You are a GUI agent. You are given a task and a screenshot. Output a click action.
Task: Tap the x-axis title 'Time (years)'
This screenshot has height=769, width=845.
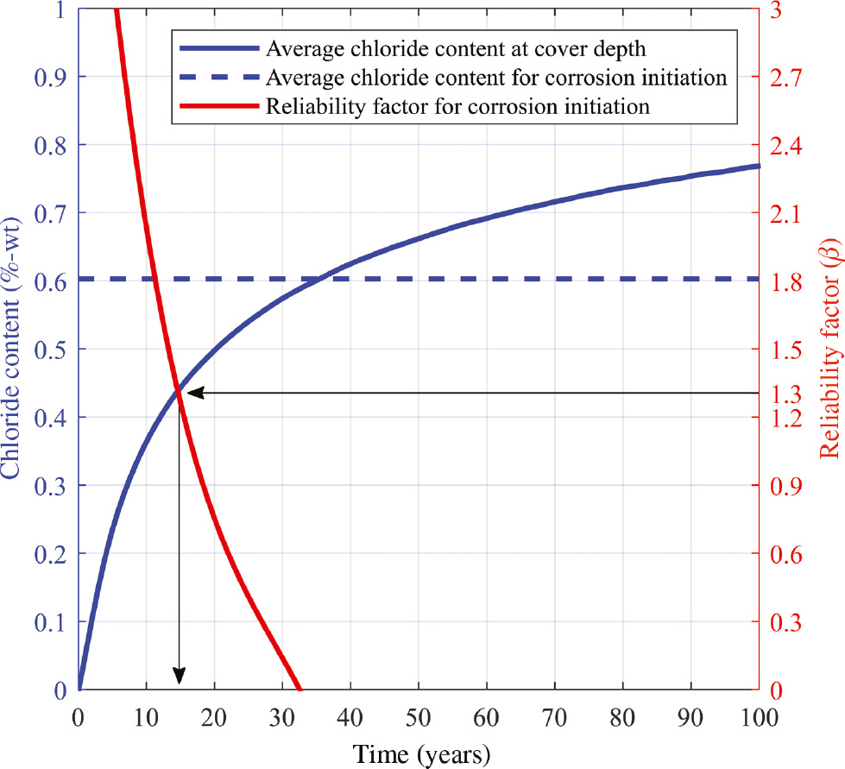(420, 752)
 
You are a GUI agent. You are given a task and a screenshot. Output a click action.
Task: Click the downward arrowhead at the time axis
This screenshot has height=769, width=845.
(180, 678)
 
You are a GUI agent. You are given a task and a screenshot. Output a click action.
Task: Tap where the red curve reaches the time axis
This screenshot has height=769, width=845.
(300, 690)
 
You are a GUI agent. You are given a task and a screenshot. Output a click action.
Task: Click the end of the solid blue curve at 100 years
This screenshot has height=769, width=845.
(760, 165)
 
